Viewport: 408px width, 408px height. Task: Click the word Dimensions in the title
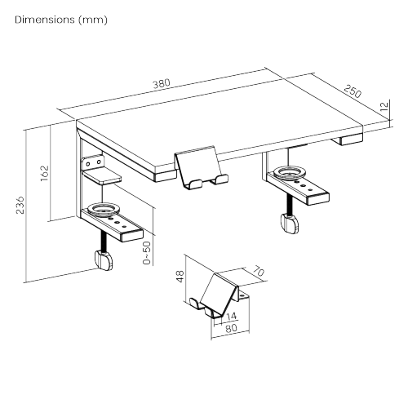(45, 20)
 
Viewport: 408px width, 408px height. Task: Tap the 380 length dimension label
(162, 83)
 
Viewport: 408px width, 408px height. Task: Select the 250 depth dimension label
(353, 91)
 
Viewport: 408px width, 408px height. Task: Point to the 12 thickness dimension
(385, 106)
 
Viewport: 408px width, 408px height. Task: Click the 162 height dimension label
(44, 173)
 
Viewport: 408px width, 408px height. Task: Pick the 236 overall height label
(20, 205)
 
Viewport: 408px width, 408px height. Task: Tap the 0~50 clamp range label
(146, 253)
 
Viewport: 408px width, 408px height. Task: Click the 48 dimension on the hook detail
(180, 277)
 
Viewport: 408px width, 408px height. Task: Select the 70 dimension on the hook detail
(258, 271)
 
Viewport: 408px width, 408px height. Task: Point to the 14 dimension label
(232, 316)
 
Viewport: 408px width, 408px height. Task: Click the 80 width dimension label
(232, 328)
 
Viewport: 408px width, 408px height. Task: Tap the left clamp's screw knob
(104, 260)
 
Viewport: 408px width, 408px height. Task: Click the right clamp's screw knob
(290, 224)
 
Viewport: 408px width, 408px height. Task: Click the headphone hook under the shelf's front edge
(201, 167)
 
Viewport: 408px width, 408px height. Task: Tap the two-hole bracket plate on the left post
(93, 162)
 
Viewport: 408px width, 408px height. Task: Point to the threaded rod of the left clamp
(104, 242)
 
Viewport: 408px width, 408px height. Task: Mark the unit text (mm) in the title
(93, 20)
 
